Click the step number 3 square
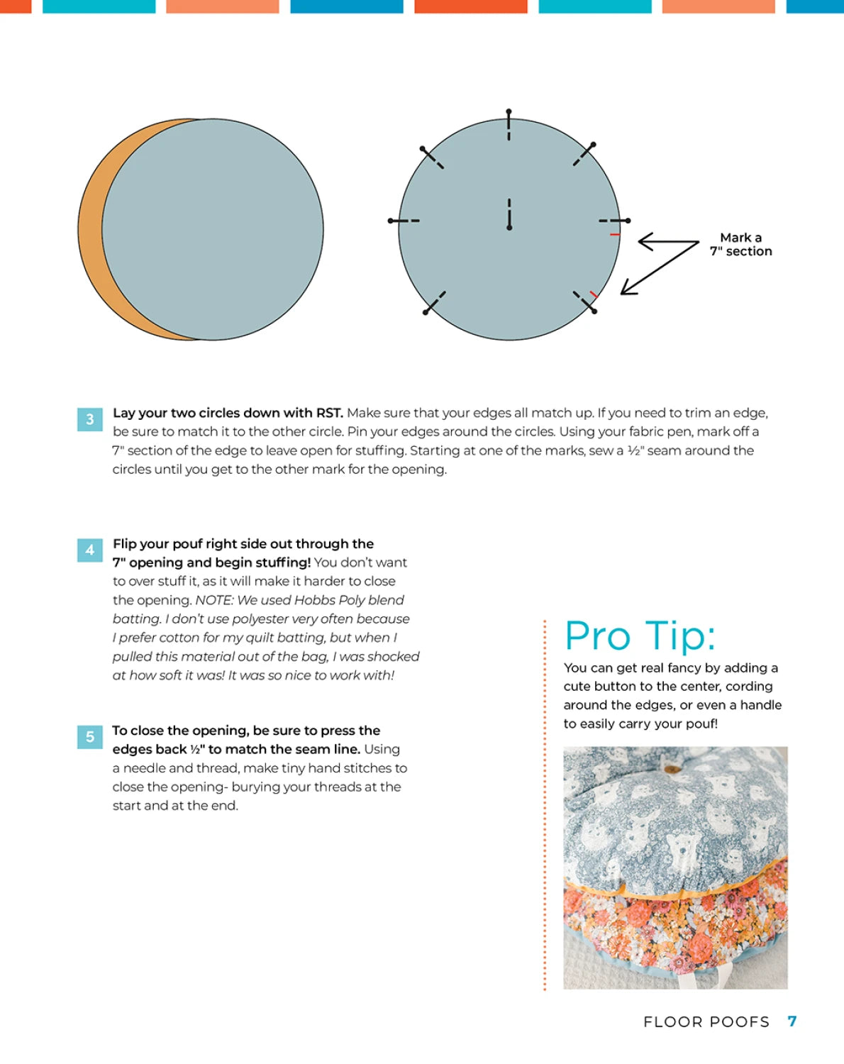[x=89, y=419]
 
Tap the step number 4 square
[x=89, y=550]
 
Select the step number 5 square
[x=89, y=737]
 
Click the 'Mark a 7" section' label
[x=740, y=244]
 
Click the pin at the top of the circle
[x=509, y=124]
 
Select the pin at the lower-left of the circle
[x=434, y=303]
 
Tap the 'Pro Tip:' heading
[x=640, y=636]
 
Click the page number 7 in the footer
[x=792, y=1021]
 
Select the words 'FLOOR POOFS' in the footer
[x=706, y=1022]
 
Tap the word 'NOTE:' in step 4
[x=214, y=600]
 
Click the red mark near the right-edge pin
[x=615, y=234]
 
